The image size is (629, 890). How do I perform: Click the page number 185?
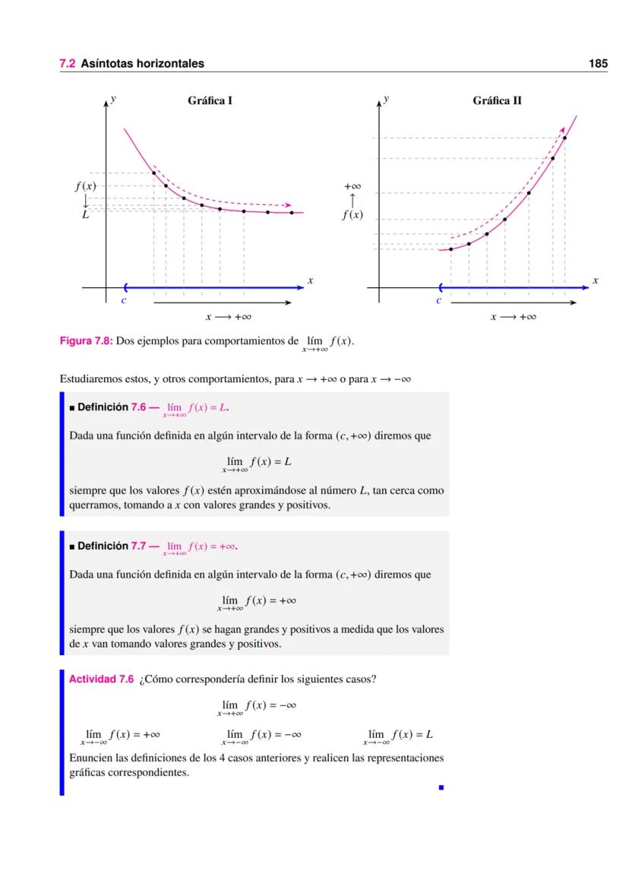click(598, 64)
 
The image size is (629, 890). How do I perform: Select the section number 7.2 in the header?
click(68, 64)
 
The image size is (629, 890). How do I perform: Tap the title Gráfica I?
click(210, 100)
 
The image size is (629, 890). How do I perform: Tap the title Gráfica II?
click(497, 100)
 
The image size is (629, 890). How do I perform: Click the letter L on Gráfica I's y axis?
click(86, 215)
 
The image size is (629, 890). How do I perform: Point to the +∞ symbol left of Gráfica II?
click(352, 185)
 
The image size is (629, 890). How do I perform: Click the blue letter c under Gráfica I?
click(124, 301)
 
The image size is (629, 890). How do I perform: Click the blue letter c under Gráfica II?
click(438, 301)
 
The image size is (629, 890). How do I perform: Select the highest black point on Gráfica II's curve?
click(564, 138)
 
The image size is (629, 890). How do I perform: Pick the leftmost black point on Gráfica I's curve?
click(154, 173)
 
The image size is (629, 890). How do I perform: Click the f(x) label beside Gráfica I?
click(85, 185)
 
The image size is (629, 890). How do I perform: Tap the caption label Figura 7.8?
click(86, 341)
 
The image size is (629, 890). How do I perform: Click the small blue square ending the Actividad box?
click(441, 787)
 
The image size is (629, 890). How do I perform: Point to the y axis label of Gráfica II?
click(387, 99)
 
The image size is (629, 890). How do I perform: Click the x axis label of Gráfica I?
click(310, 281)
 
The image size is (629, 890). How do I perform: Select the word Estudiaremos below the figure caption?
click(90, 379)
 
